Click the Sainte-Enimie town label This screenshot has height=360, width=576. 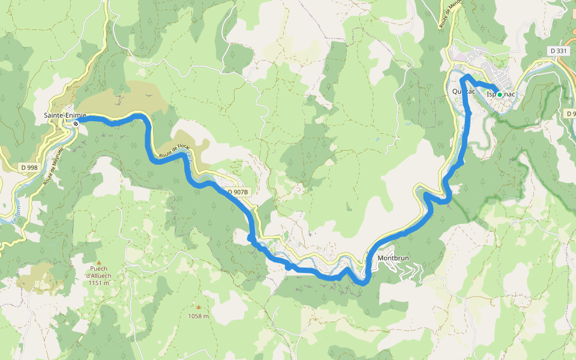click(x=65, y=115)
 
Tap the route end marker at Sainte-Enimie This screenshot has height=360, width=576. click(x=76, y=123)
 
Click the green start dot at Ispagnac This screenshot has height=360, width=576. click(x=499, y=94)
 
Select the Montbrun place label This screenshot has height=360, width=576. click(x=394, y=258)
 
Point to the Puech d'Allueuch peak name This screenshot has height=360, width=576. click(x=98, y=272)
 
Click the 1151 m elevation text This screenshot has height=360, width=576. click(x=98, y=283)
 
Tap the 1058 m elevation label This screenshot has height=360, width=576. click(x=198, y=316)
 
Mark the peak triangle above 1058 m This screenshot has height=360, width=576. click(x=198, y=307)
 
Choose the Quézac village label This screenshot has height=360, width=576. click(x=463, y=92)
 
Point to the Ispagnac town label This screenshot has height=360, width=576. click(x=500, y=94)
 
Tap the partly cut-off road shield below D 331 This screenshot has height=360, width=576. click(x=571, y=114)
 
